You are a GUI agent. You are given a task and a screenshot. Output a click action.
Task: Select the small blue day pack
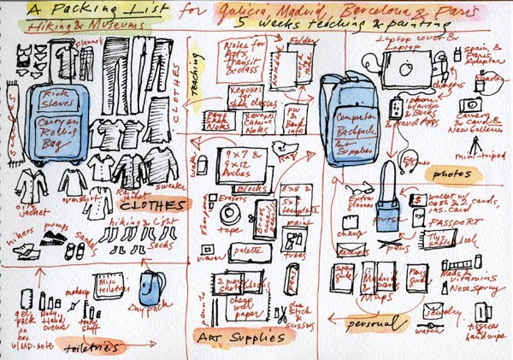coord(154,288)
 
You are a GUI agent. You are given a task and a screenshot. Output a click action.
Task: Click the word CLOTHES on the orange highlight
coord(153,206)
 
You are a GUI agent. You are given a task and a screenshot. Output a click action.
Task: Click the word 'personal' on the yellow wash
coord(373,324)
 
